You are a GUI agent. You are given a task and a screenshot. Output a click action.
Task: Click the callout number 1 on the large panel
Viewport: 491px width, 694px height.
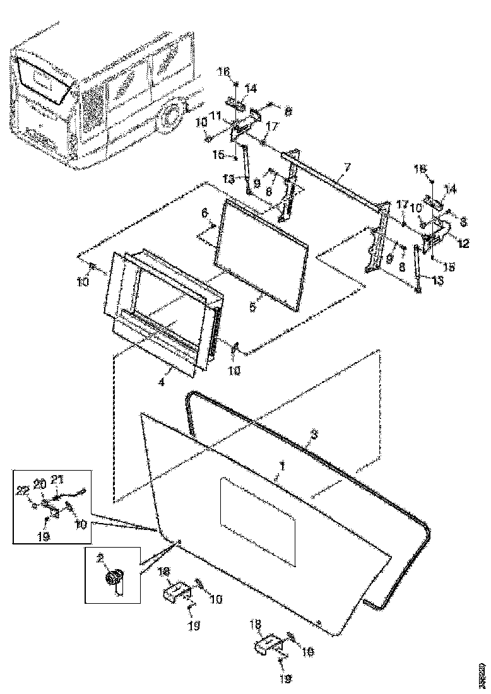coord(283,466)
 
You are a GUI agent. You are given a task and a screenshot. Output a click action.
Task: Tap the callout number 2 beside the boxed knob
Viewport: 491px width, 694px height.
coord(100,558)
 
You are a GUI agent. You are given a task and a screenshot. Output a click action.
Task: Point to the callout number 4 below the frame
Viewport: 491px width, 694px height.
coord(162,382)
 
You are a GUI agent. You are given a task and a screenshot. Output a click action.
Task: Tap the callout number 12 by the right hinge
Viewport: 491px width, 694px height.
coord(463,244)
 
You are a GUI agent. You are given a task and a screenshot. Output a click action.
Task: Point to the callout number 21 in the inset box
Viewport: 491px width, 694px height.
coord(57,479)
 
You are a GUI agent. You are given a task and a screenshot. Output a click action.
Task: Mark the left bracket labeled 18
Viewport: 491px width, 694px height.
coord(177,594)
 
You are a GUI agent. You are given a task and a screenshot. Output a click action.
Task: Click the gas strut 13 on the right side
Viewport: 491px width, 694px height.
coord(417,268)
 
